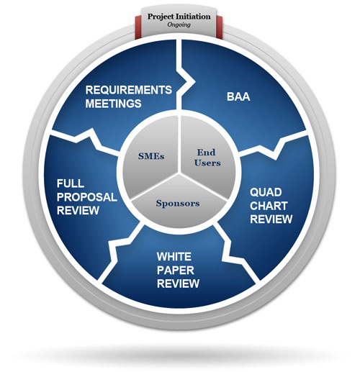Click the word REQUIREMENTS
pos(129,90)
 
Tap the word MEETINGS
pos(113,104)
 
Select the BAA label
pos(238,96)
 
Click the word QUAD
pos(266,192)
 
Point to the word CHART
pos(269,206)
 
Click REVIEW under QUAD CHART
pos(271,219)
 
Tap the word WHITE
pos(174,257)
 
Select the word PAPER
pos(176,271)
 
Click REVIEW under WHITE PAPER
pos(178,283)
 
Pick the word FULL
pos(71,183)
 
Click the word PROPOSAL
pos(87,197)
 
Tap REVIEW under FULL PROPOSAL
pos(78,210)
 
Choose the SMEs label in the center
pos(151,156)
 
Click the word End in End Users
pos(206,153)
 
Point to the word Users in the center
pos(207,163)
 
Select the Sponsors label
pos(178,204)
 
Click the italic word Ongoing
pos(179,24)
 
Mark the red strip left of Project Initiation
pos(138,27)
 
